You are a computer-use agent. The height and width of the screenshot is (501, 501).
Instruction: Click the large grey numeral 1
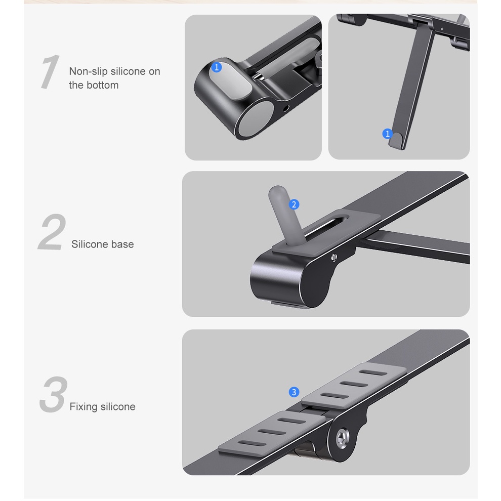pos(50,71)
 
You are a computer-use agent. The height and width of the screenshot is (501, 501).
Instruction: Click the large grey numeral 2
pos(52,232)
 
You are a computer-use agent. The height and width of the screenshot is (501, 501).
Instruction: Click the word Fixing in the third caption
pos(83,407)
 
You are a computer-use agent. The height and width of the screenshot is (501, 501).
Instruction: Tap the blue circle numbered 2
pos(294,204)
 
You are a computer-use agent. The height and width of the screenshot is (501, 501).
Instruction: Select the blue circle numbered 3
pos(294,392)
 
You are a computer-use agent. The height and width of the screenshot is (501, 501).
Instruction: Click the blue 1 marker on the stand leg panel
pos(388,134)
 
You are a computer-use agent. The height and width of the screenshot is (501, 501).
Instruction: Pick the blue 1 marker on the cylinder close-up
pos(217,67)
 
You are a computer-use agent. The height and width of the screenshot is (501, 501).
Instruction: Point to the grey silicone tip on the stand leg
pos(396,140)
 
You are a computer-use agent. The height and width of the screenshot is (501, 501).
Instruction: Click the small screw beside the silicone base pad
pos(334,257)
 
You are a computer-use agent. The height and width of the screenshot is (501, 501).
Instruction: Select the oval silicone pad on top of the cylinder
pos(231,80)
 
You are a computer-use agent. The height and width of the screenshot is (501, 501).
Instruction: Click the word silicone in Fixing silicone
pos(118,407)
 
